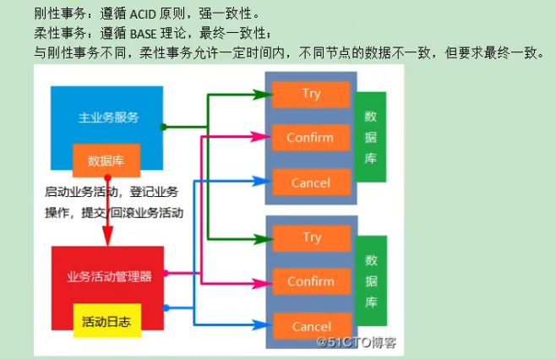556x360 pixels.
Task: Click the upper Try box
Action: pyautogui.click(x=311, y=94)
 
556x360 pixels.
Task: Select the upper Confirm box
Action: pyautogui.click(x=310, y=138)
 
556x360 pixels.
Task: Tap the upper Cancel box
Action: pyautogui.click(x=310, y=183)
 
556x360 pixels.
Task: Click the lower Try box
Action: pyautogui.click(x=311, y=237)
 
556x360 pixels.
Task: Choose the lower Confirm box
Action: pyautogui.click(x=310, y=281)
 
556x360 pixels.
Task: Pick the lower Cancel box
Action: pyautogui.click(x=310, y=326)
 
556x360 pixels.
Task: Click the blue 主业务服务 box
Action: pyautogui.click(x=108, y=117)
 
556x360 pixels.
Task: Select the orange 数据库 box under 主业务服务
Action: pyautogui.click(x=106, y=159)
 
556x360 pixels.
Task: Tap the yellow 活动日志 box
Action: pyautogui.click(x=106, y=321)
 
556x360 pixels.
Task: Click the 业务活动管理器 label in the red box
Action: pyautogui.click(x=109, y=275)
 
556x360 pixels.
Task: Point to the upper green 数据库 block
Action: pyautogui.click(x=370, y=137)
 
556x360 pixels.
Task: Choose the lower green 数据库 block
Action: pyautogui.click(x=370, y=281)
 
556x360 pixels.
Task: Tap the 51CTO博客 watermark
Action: pyautogui.click(x=356, y=343)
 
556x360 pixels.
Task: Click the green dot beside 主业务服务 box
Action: pyautogui.click(x=164, y=127)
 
